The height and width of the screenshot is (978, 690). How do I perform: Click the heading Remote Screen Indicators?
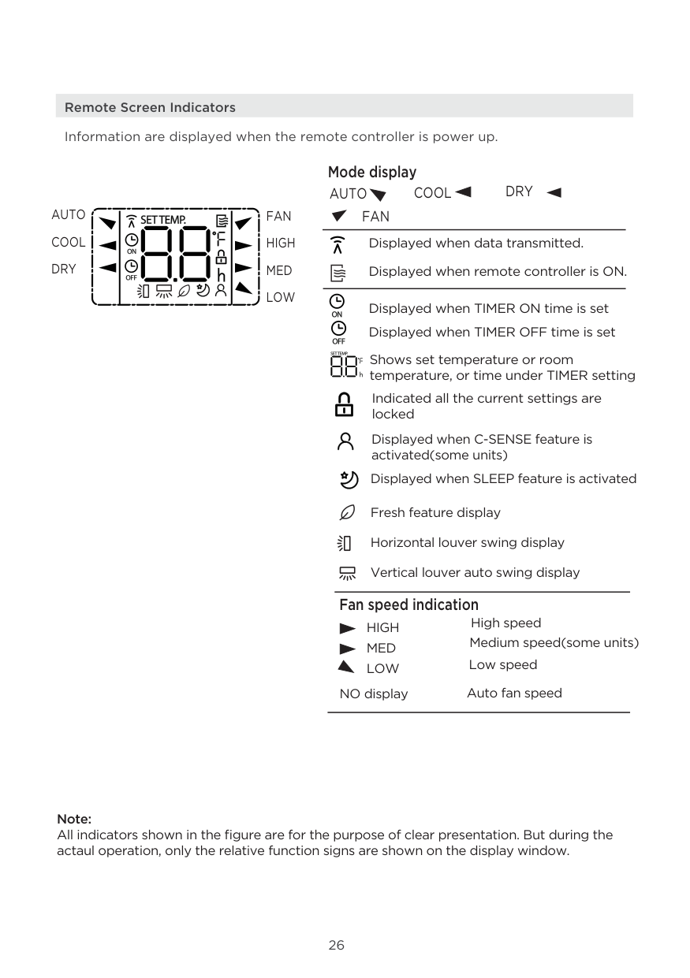click(x=150, y=107)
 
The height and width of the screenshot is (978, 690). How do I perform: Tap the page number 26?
click(x=337, y=946)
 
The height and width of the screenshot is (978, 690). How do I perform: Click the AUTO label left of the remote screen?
click(x=69, y=215)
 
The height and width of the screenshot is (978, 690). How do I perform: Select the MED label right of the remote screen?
click(x=279, y=270)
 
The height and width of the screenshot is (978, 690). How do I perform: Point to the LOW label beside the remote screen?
click(x=280, y=297)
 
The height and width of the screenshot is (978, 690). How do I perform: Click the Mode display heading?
click(x=372, y=172)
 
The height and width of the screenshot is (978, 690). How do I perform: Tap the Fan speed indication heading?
click(x=408, y=604)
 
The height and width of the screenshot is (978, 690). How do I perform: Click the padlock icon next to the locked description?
click(x=345, y=405)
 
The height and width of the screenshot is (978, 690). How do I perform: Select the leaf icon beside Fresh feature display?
click(x=345, y=512)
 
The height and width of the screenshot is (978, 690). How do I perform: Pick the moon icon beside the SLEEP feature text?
click(x=348, y=479)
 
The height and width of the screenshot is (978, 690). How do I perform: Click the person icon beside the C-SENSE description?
click(x=345, y=441)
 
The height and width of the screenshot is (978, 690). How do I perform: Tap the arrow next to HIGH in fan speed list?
click(x=347, y=628)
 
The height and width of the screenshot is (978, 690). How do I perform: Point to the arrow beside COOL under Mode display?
click(x=464, y=192)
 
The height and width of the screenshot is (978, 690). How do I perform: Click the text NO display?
click(x=374, y=694)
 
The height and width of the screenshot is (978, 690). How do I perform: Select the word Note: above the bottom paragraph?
click(x=74, y=820)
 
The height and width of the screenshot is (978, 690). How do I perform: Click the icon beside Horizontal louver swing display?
click(x=344, y=543)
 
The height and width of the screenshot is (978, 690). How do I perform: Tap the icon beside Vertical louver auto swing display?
click(x=346, y=573)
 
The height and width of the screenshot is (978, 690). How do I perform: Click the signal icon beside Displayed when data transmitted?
click(x=338, y=244)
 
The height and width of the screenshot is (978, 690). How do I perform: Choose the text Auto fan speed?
click(x=514, y=693)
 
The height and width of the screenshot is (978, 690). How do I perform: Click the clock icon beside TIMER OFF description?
click(x=338, y=331)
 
